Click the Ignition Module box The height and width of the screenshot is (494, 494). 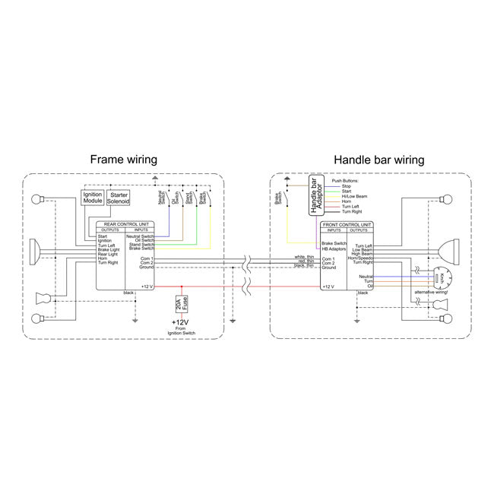pos(92,200)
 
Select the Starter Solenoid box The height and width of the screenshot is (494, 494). pos(120,200)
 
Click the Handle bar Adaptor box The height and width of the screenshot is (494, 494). pos(317,197)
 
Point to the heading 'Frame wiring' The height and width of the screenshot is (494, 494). pos(124,160)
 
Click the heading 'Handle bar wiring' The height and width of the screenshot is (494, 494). pos(378,160)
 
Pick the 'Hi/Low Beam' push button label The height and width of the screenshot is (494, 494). pos(358,196)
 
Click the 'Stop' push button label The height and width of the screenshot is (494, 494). pos(347,185)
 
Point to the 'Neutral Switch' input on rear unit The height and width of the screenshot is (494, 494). pos(141,237)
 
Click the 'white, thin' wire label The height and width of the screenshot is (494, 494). pos(304,257)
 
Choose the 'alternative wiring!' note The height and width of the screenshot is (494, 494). pos(430,293)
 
